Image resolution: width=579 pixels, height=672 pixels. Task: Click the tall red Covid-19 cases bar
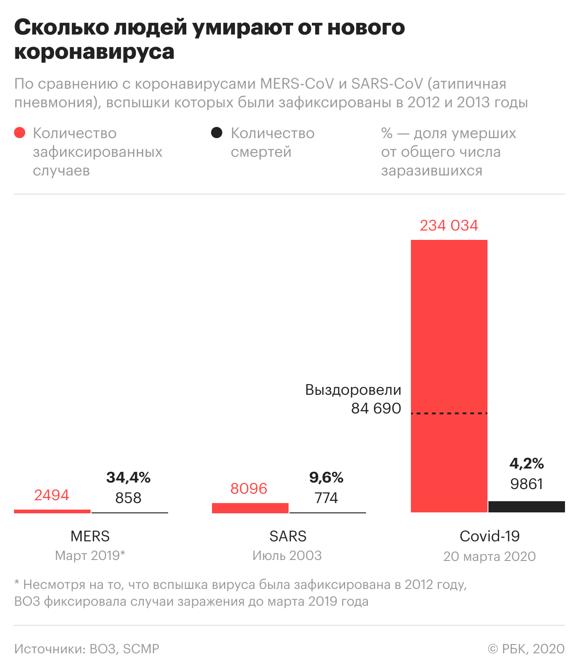[x=449, y=327]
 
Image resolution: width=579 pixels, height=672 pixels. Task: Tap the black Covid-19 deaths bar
[x=527, y=507]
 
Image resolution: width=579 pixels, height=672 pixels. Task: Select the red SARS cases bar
[x=250, y=508]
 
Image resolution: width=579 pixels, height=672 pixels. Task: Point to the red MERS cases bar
[x=52, y=511]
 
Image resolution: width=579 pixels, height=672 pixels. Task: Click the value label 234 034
[x=449, y=225]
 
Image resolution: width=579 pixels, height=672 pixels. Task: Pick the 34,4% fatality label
[x=128, y=477]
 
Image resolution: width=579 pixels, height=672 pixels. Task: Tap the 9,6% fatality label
[x=326, y=477]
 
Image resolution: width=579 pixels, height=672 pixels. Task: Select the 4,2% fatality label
[x=527, y=463]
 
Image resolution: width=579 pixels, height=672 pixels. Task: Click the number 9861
[x=527, y=484]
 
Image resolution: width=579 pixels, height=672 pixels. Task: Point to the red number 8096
[x=249, y=489]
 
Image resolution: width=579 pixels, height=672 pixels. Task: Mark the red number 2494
[x=51, y=495]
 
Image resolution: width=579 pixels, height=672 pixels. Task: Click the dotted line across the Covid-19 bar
[x=449, y=413]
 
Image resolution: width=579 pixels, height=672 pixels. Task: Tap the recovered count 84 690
[x=376, y=408]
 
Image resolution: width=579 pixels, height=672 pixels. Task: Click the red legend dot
[x=20, y=133]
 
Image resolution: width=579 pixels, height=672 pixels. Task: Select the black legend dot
[x=217, y=133]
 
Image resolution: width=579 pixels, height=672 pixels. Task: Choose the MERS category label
[x=90, y=536]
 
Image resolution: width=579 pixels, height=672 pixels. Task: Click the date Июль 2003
[x=287, y=556]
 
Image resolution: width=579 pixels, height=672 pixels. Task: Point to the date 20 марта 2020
[x=489, y=556]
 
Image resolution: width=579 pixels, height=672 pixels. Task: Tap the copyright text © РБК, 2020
[x=526, y=649]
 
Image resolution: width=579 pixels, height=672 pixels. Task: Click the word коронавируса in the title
[x=94, y=51]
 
